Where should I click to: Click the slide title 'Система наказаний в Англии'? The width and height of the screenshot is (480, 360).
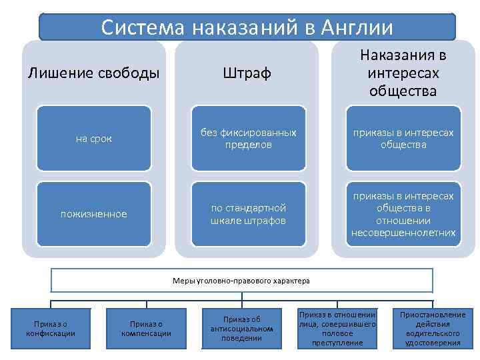click(247, 28)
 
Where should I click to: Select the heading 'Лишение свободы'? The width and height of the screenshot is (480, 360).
click(94, 72)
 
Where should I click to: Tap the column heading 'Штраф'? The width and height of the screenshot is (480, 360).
click(247, 73)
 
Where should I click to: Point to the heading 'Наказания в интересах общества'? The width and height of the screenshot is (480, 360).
click(403, 72)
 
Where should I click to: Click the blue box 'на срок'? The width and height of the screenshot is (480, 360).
click(94, 139)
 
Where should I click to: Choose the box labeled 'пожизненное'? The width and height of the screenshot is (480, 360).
click(94, 214)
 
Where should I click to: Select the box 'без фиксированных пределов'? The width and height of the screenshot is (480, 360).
click(248, 139)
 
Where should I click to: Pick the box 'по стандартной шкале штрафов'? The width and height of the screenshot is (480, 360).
click(248, 214)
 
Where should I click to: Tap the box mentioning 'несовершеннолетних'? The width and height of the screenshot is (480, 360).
click(403, 214)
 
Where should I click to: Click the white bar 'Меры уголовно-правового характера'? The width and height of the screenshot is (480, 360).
click(242, 281)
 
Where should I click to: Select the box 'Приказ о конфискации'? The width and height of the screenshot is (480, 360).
click(46, 328)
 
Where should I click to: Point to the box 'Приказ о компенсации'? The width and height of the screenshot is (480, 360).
click(146, 328)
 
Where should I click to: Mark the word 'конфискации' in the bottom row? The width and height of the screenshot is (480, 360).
click(46, 333)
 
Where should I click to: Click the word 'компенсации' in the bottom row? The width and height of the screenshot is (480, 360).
click(146, 333)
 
